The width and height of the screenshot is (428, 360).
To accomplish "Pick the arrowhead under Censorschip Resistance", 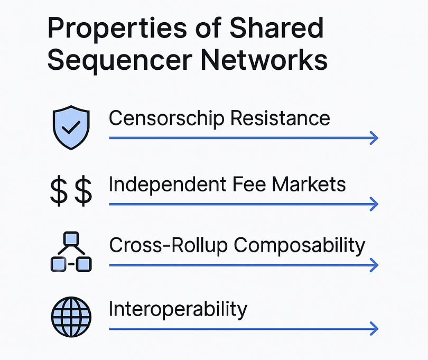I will point(374,138).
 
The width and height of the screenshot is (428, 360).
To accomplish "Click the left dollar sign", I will point(59,191).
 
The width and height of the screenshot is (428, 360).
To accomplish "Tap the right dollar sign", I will point(83,191).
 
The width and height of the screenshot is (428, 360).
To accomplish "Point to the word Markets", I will point(309,184).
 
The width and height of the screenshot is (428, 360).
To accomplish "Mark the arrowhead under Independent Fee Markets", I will point(374,204).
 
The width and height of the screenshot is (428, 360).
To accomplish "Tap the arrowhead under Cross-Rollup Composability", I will point(374,265).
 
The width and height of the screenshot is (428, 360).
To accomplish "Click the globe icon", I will point(71,317).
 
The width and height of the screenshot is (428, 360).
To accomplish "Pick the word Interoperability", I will point(178,309).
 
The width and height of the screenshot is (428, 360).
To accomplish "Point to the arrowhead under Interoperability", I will point(374,328).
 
